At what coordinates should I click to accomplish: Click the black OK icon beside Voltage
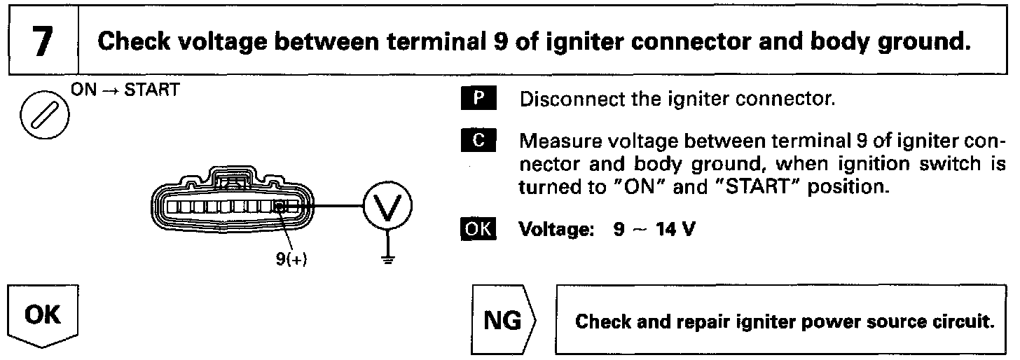click(x=477, y=230)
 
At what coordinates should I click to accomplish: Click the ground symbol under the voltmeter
click(x=386, y=259)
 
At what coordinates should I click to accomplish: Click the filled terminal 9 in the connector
click(x=280, y=207)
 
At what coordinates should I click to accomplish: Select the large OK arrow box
click(x=44, y=315)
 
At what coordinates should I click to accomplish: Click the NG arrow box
click(x=503, y=321)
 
